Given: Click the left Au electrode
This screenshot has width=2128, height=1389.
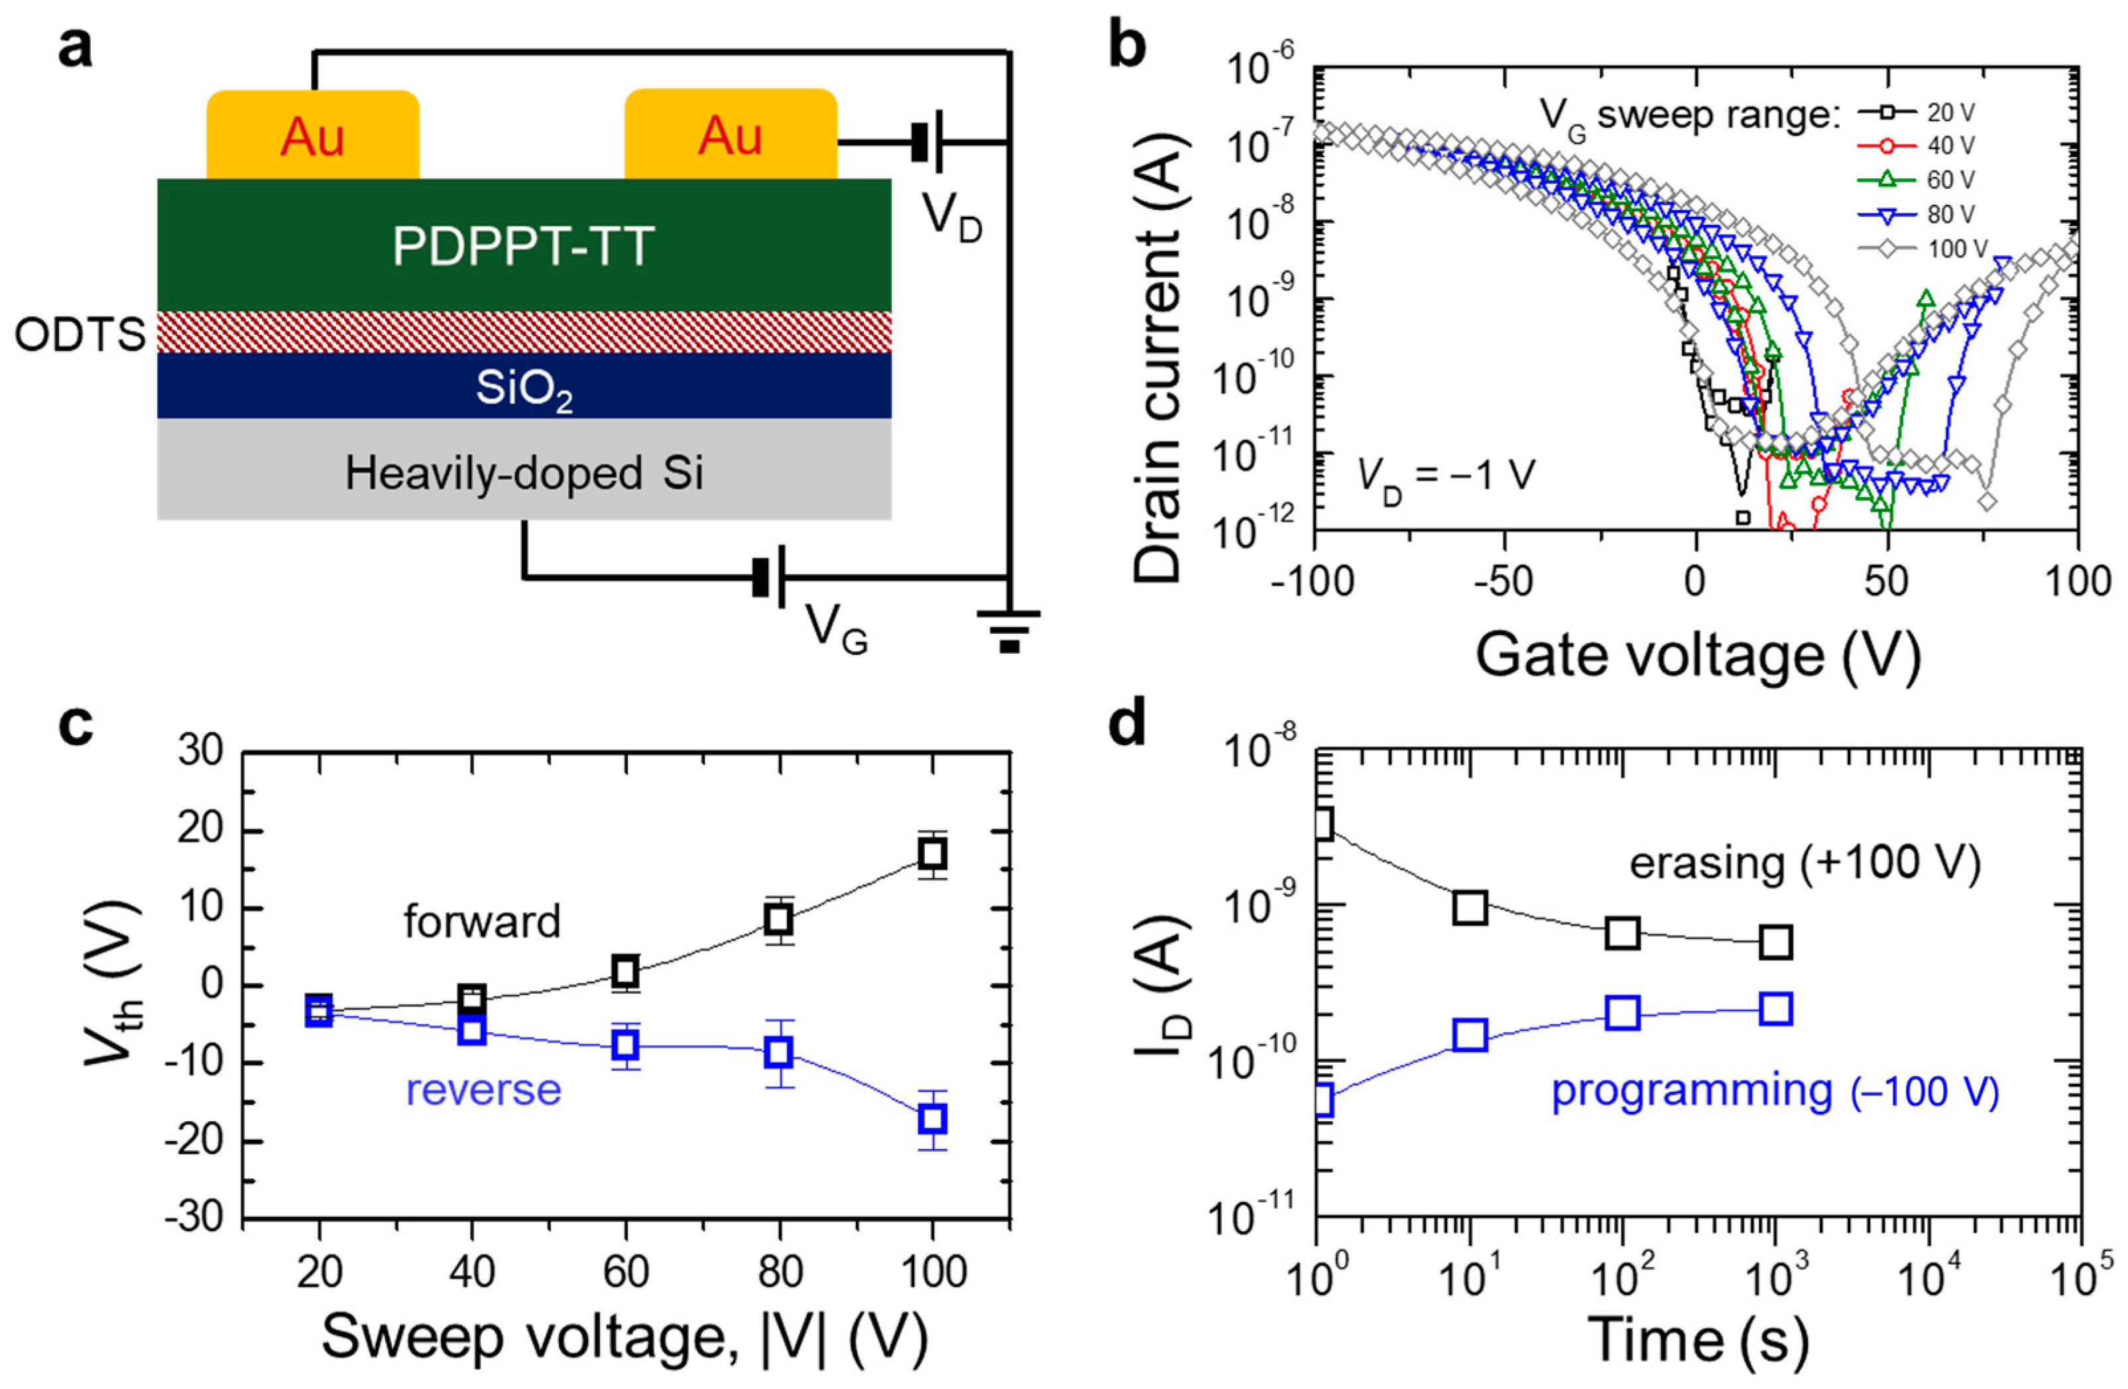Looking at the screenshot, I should [x=312, y=136].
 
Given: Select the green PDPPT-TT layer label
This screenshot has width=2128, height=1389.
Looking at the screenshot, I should [x=523, y=245].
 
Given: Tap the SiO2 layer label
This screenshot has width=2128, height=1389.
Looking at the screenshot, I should [x=524, y=388].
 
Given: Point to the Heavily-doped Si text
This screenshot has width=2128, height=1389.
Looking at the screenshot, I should [x=524, y=472].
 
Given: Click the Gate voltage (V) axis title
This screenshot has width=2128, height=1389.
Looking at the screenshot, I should [x=1697, y=656].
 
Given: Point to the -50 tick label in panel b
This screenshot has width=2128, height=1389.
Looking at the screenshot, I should [x=1506, y=582].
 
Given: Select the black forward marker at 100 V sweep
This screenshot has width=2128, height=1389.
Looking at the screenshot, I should [x=933, y=854].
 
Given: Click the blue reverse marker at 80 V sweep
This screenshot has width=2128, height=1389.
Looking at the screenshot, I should [x=780, y=1052].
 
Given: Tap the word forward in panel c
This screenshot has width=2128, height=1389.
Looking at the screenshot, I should [x=481, y=920].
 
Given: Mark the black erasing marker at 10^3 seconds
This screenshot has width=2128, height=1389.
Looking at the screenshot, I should [x=1775, y=941].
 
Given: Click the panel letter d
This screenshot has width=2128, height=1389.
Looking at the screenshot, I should [x=1128, y=725].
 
